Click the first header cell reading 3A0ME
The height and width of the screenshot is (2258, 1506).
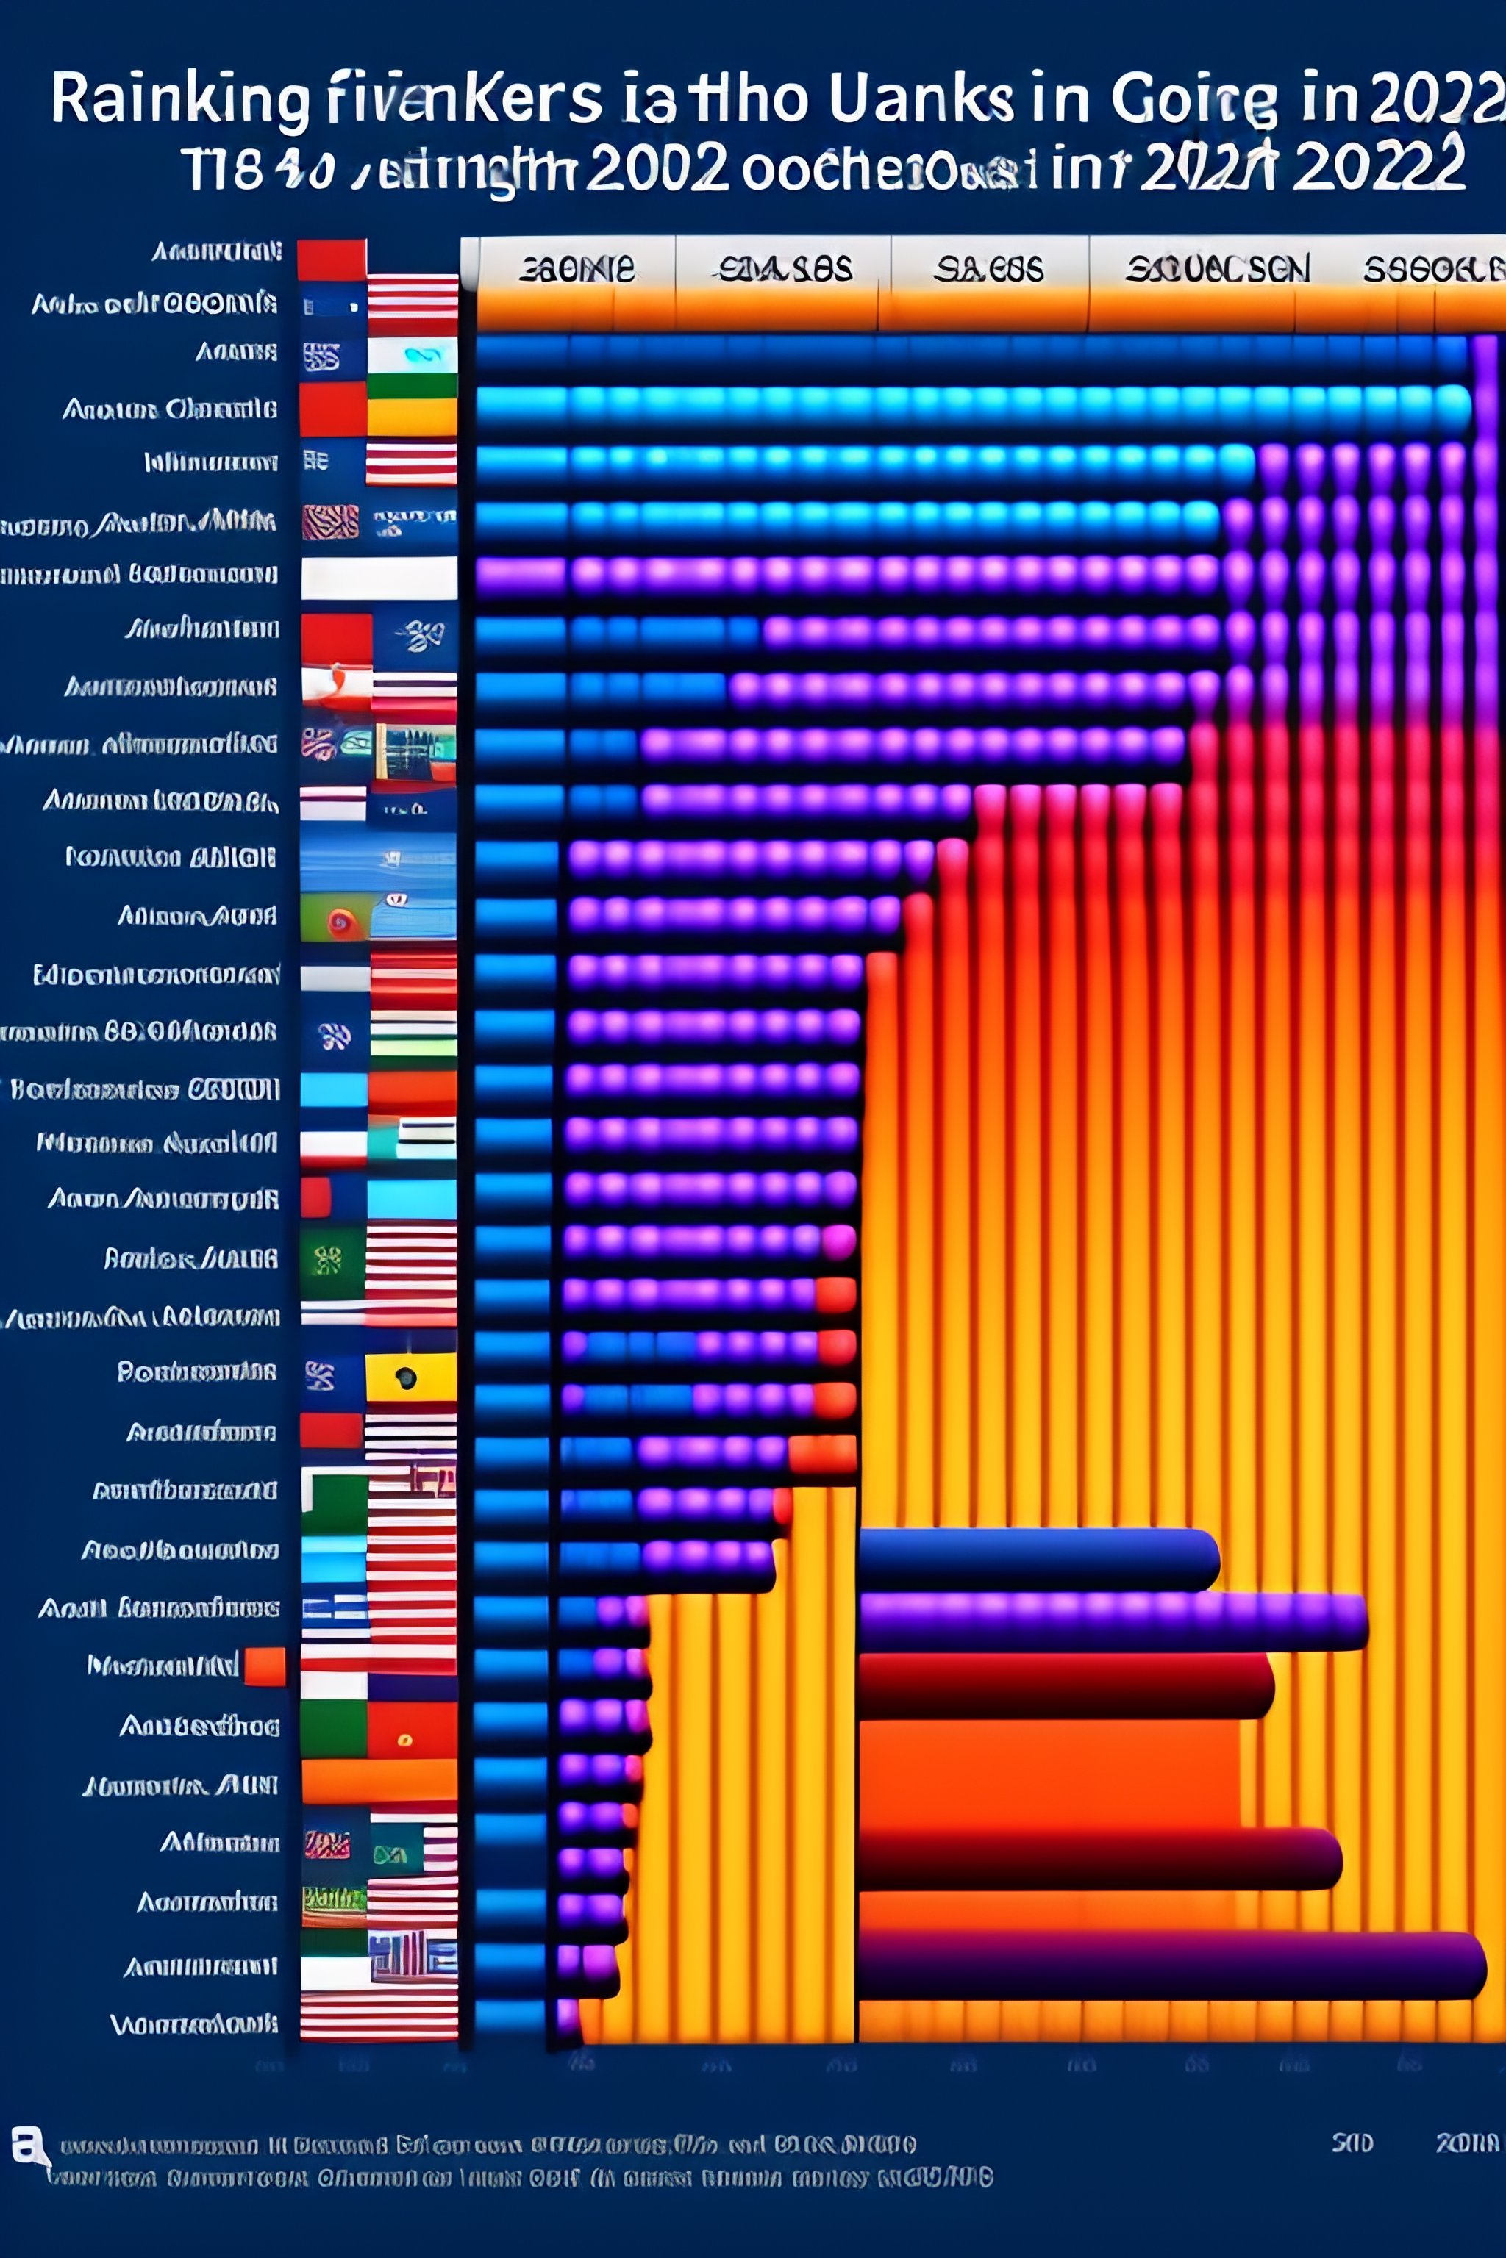point(577,269)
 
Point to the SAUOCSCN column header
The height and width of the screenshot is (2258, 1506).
point(1217,270)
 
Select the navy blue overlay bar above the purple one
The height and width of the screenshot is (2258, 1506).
point(1038,1559)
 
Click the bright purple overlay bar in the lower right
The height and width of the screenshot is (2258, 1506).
point(1111,1621)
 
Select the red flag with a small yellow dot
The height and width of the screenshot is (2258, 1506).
point(411,1730)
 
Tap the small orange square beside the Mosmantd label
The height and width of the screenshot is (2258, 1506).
point(265,1666)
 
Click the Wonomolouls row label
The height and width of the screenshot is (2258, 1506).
point(194,2025)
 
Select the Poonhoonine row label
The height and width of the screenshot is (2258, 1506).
point(197,1372)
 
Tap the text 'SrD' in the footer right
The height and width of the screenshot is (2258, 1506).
point(1352,2143)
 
